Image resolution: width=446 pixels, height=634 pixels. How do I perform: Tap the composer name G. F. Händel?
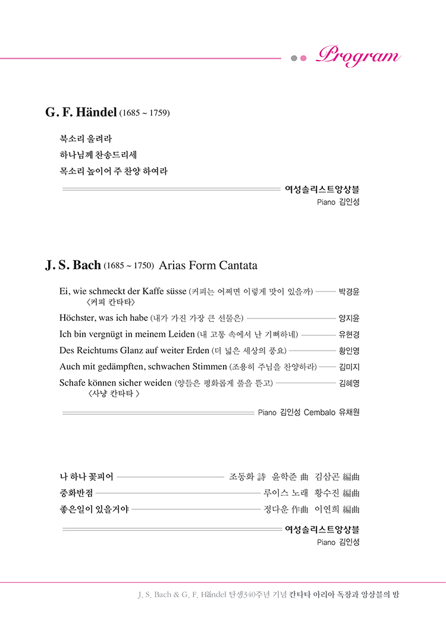[x=81, y=112]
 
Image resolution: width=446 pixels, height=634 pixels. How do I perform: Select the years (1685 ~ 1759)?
[x=145, y=113]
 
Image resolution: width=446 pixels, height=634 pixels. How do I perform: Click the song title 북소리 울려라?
[x=86, y=139]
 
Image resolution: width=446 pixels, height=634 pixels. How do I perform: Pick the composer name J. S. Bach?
[x=73, y=265]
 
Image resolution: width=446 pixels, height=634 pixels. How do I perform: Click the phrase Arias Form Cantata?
[x=208, y=265]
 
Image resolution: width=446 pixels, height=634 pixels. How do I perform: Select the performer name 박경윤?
[x=349, y=292]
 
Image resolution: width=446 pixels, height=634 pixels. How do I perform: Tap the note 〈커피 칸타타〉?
[x=111, y=302]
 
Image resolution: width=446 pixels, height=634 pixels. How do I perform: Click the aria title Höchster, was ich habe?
[x=103, y=318]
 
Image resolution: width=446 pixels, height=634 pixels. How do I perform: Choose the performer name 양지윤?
[x=349, y=318]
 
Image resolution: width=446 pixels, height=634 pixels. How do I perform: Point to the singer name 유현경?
[x=349, y=334]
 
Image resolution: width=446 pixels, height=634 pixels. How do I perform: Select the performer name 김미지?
[x=349, y=367]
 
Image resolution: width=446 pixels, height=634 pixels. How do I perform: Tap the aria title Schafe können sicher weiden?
[x=115, y=383]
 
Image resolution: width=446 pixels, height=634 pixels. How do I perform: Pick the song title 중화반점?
[x=76, y=493]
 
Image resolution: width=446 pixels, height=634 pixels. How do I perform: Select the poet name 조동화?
[x=241, y=477]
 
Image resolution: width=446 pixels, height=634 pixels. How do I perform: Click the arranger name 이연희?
[x=326, y=509]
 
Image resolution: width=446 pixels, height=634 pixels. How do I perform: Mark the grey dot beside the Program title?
[x=294, y=58]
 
